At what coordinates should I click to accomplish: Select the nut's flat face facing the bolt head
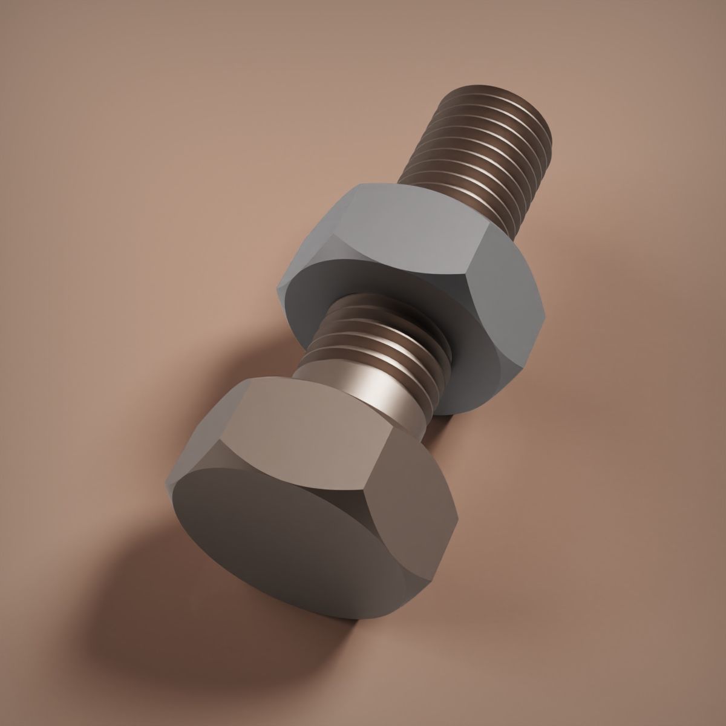click(x=387, y=339)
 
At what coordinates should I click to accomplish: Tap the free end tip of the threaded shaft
click(x=496, y=97)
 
